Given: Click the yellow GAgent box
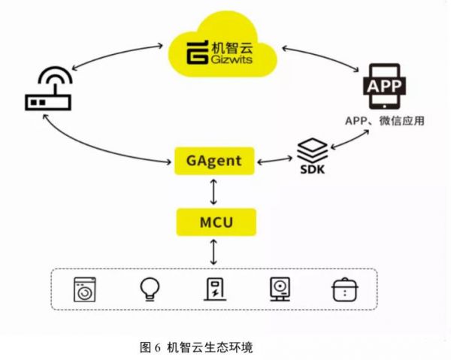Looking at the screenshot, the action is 214,161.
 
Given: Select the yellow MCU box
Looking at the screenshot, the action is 216,222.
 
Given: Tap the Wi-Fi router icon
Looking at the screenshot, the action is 48,89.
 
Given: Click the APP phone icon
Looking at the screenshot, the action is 385,86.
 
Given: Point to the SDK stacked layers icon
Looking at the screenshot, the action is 313,156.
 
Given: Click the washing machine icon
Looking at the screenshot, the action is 84,289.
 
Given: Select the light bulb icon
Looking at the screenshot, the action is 150,290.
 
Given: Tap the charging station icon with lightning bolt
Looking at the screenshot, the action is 215,289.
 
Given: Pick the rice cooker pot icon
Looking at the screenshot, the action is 345,290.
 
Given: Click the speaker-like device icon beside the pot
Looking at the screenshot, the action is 280,289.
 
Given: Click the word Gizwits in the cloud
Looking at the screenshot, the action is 232,59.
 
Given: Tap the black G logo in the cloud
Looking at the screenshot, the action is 197,52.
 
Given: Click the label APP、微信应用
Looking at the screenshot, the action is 385,121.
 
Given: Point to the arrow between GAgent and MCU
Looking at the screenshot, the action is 213,192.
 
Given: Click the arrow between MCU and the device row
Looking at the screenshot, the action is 213,253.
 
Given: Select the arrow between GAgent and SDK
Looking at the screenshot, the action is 274,160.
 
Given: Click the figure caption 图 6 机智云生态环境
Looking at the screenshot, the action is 196,347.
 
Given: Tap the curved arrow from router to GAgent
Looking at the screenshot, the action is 98,147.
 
